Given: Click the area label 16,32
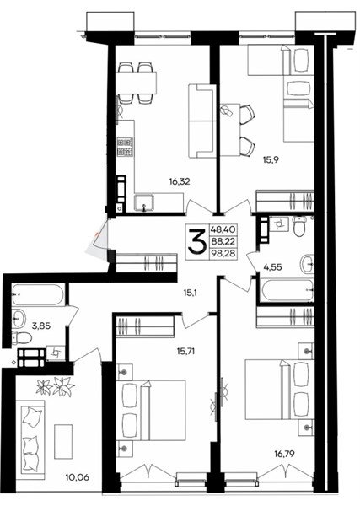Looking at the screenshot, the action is pyautogui.click(x=180, y=182).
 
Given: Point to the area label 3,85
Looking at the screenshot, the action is pyautogui.click(x=41, y=326).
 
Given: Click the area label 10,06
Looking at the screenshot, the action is pyautogui.click(x=77, y=477).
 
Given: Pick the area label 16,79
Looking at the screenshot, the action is pyautogui.click(x=284, y=455).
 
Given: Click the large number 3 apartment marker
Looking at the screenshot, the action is pyautogui.click(x=197, y=240).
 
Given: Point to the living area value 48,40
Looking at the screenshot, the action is pyautogui.click(x=223, y=229).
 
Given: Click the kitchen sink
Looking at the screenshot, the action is pyautogui.click(x=144, y=202).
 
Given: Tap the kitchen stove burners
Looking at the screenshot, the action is pyautogui.click(x=126, y=147).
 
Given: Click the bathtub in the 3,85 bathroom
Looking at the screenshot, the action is pyautogui.click(x=38, y=294).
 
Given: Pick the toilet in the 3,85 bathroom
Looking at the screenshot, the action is pyautogui.click(x=22, y=337).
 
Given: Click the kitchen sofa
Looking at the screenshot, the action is pyautogui.click(x=201, y=121).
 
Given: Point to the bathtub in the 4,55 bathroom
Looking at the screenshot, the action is pyautogui.click(x=287, y=290).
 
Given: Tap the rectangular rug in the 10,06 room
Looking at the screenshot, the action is pyautogui.click(x=63, y=441).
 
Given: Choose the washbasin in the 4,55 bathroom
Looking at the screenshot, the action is pyautogui.click(x=307, y=264).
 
